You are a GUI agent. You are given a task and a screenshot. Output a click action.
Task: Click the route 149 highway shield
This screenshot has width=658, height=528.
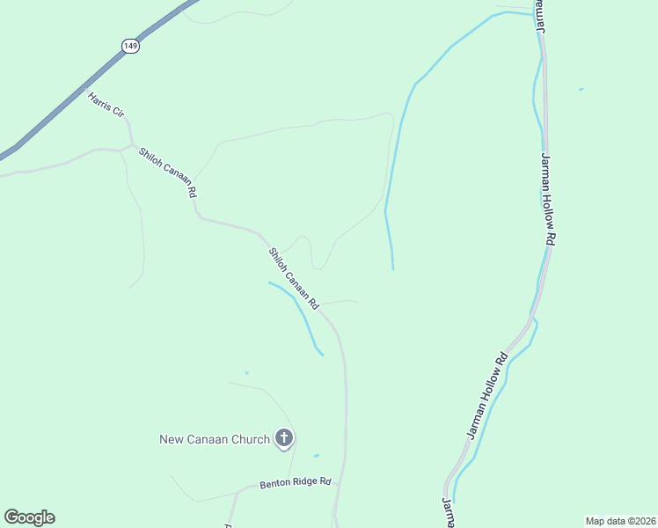tap(131, 46)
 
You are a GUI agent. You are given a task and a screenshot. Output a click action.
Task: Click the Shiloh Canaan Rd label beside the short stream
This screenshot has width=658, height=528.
tap(293, 277)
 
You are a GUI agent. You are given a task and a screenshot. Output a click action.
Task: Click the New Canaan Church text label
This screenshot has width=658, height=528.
tap(214, 438)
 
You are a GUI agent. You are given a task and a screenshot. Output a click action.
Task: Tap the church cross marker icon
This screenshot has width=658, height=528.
tap(284, 437)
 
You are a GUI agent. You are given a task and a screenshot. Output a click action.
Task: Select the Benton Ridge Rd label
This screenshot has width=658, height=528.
tap(295, 482)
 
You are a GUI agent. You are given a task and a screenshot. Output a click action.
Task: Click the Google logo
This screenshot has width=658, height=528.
tap(29, 517)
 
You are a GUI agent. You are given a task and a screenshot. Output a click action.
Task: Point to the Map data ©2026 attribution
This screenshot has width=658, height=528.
tap(620, 520)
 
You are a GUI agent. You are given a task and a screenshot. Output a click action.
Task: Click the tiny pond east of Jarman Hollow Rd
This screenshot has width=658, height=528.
tap(581, 89)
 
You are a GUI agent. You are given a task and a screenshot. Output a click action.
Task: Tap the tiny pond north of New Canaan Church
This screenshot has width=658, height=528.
tap(246, 373)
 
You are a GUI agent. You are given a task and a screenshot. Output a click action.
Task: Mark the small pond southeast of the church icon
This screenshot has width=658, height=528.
tap(316, 455)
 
